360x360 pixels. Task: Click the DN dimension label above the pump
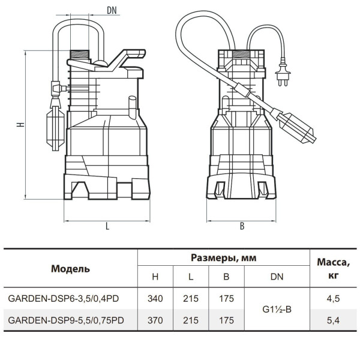click(x=112, y=10)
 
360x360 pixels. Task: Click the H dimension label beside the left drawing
click(x=20, y=124)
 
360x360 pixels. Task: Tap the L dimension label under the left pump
click(x=107, y=226)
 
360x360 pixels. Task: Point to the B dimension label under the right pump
click(x=242, y=226)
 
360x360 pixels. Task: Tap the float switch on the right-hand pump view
click(x=296, y=127)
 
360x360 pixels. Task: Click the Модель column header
click(x=70, y=269)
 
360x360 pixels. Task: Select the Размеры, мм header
click(x=224, y=258)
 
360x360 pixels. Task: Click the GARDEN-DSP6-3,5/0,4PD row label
click(x=64, y=298)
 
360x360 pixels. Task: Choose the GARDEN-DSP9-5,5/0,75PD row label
click(x=66, y=320)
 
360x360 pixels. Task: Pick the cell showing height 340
click(x=155, y=298)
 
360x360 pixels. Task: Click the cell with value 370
click(x=155, y=320)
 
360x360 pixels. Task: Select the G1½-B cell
click(x=277, y=310)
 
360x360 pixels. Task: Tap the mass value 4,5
click(x=333, y=299)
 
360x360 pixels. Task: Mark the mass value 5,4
click(x=333, y=320)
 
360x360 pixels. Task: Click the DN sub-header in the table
click(x=277, y=277)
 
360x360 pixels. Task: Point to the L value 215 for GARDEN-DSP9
click(x=191, y=320)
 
